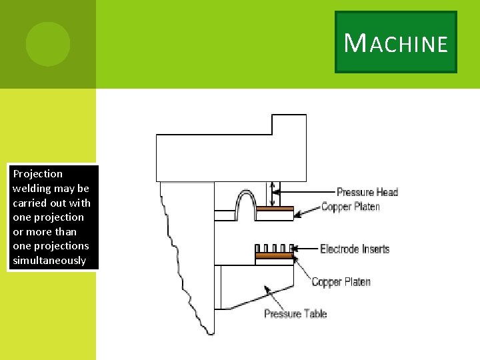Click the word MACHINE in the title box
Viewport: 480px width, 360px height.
click(x=396, y=43)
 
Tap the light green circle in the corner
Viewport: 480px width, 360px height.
click(x=47, y=43)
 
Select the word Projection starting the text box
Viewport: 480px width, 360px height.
click(x=37, y=174)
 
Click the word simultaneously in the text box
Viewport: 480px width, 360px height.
click(x=49, y=261)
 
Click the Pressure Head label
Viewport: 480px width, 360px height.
click(x=367, y=192)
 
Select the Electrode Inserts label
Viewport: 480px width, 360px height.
click(x=355, y=249)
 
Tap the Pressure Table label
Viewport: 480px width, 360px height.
click(x=295, y=313)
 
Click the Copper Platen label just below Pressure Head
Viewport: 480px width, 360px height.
click(x=351, y=207)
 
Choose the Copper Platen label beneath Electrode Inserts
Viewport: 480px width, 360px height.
click(x=341, y=282)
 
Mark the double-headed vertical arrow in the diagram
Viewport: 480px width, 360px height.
click(x=271, y=193)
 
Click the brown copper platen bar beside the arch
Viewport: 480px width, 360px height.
click(x=275, y=209)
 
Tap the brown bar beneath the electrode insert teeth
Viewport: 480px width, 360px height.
click(x=275, y=255)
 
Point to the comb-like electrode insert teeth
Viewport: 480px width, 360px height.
click(x=275, y=249)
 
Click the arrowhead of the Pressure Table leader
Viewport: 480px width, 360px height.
click(x=267, y=289)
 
